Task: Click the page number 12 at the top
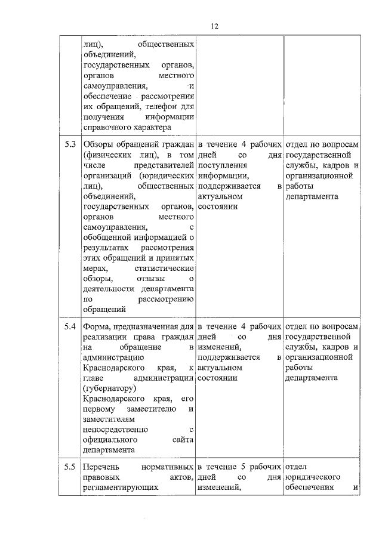215,26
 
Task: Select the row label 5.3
70,144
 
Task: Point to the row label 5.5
70,466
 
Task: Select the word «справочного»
105,127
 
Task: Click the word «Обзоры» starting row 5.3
97,144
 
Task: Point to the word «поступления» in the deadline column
218,165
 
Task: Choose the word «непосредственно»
116,429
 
